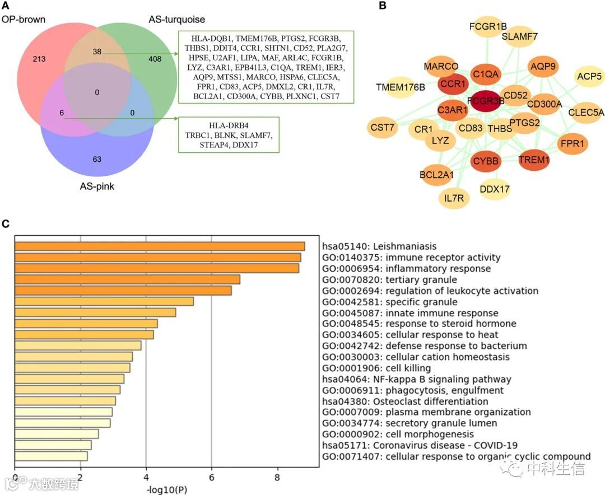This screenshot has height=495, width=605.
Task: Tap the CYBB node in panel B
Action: [x=486, y=161]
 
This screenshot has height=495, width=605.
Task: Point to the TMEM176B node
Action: [x=401, y=87]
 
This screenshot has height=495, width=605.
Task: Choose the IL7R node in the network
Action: [x=454, y=198]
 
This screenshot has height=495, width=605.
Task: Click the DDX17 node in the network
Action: [x=495, y=189]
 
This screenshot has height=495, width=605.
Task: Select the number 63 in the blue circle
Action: [x=97, y=160]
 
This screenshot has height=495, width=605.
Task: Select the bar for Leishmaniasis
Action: [x=160, y=246]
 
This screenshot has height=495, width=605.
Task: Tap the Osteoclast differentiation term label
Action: [x=404, y=401]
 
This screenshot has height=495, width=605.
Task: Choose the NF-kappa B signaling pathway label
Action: [x=417, y=379]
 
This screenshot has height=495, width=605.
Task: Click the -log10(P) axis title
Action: [x=166, y=490]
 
